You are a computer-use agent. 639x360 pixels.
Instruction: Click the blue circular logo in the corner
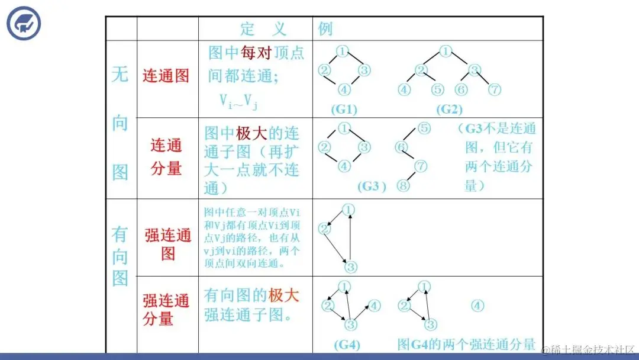(x=24, y=23)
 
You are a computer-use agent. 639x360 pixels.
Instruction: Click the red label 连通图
(x=166, y=76)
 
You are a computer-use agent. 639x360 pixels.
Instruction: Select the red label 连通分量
(x=166, y=157)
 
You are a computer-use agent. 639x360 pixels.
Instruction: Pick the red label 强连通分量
(x=166, y=310)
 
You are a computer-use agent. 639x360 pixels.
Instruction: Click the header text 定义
(x=263, y=29)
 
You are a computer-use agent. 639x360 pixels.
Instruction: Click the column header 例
(x=325, y=29)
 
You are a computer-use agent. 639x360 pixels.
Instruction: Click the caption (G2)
(x=450, y=110)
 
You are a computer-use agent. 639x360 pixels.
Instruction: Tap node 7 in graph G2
(x=495, y=90)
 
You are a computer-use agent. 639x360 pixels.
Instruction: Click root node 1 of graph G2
(x=446, y=51)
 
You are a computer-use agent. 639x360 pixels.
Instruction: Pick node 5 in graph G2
(x=437, y=90)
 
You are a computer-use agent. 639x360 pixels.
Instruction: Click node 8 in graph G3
(x=404, y=185)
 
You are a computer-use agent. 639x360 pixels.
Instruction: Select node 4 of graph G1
(x=344, y=90)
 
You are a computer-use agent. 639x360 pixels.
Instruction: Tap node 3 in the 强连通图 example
(x=351, y=266)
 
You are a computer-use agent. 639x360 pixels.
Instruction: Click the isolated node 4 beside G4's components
(x=477, y=306)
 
